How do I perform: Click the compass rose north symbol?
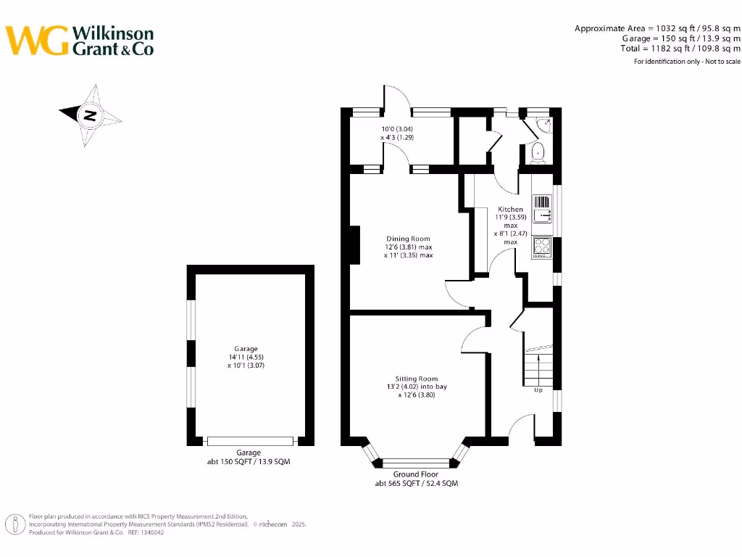click(90, 115)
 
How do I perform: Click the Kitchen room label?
click(510, 209)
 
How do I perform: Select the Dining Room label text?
click(408, 239)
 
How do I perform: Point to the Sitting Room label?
click(417, 379)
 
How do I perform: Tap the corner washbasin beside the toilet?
click(545, 125)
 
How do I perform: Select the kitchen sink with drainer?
click(542, 208)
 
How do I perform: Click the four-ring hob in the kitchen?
click(542, 247)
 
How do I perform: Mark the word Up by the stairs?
click(538, 390)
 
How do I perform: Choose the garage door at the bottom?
click(251, 441)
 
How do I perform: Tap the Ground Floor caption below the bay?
click(416, 474)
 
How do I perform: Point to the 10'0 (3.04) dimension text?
click(397, 129)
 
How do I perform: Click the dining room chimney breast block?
click(355, 244)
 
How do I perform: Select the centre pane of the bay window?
click(416, 462)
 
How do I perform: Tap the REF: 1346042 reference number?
click(144, 532)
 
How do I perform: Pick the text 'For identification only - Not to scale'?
click(687, 62)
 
